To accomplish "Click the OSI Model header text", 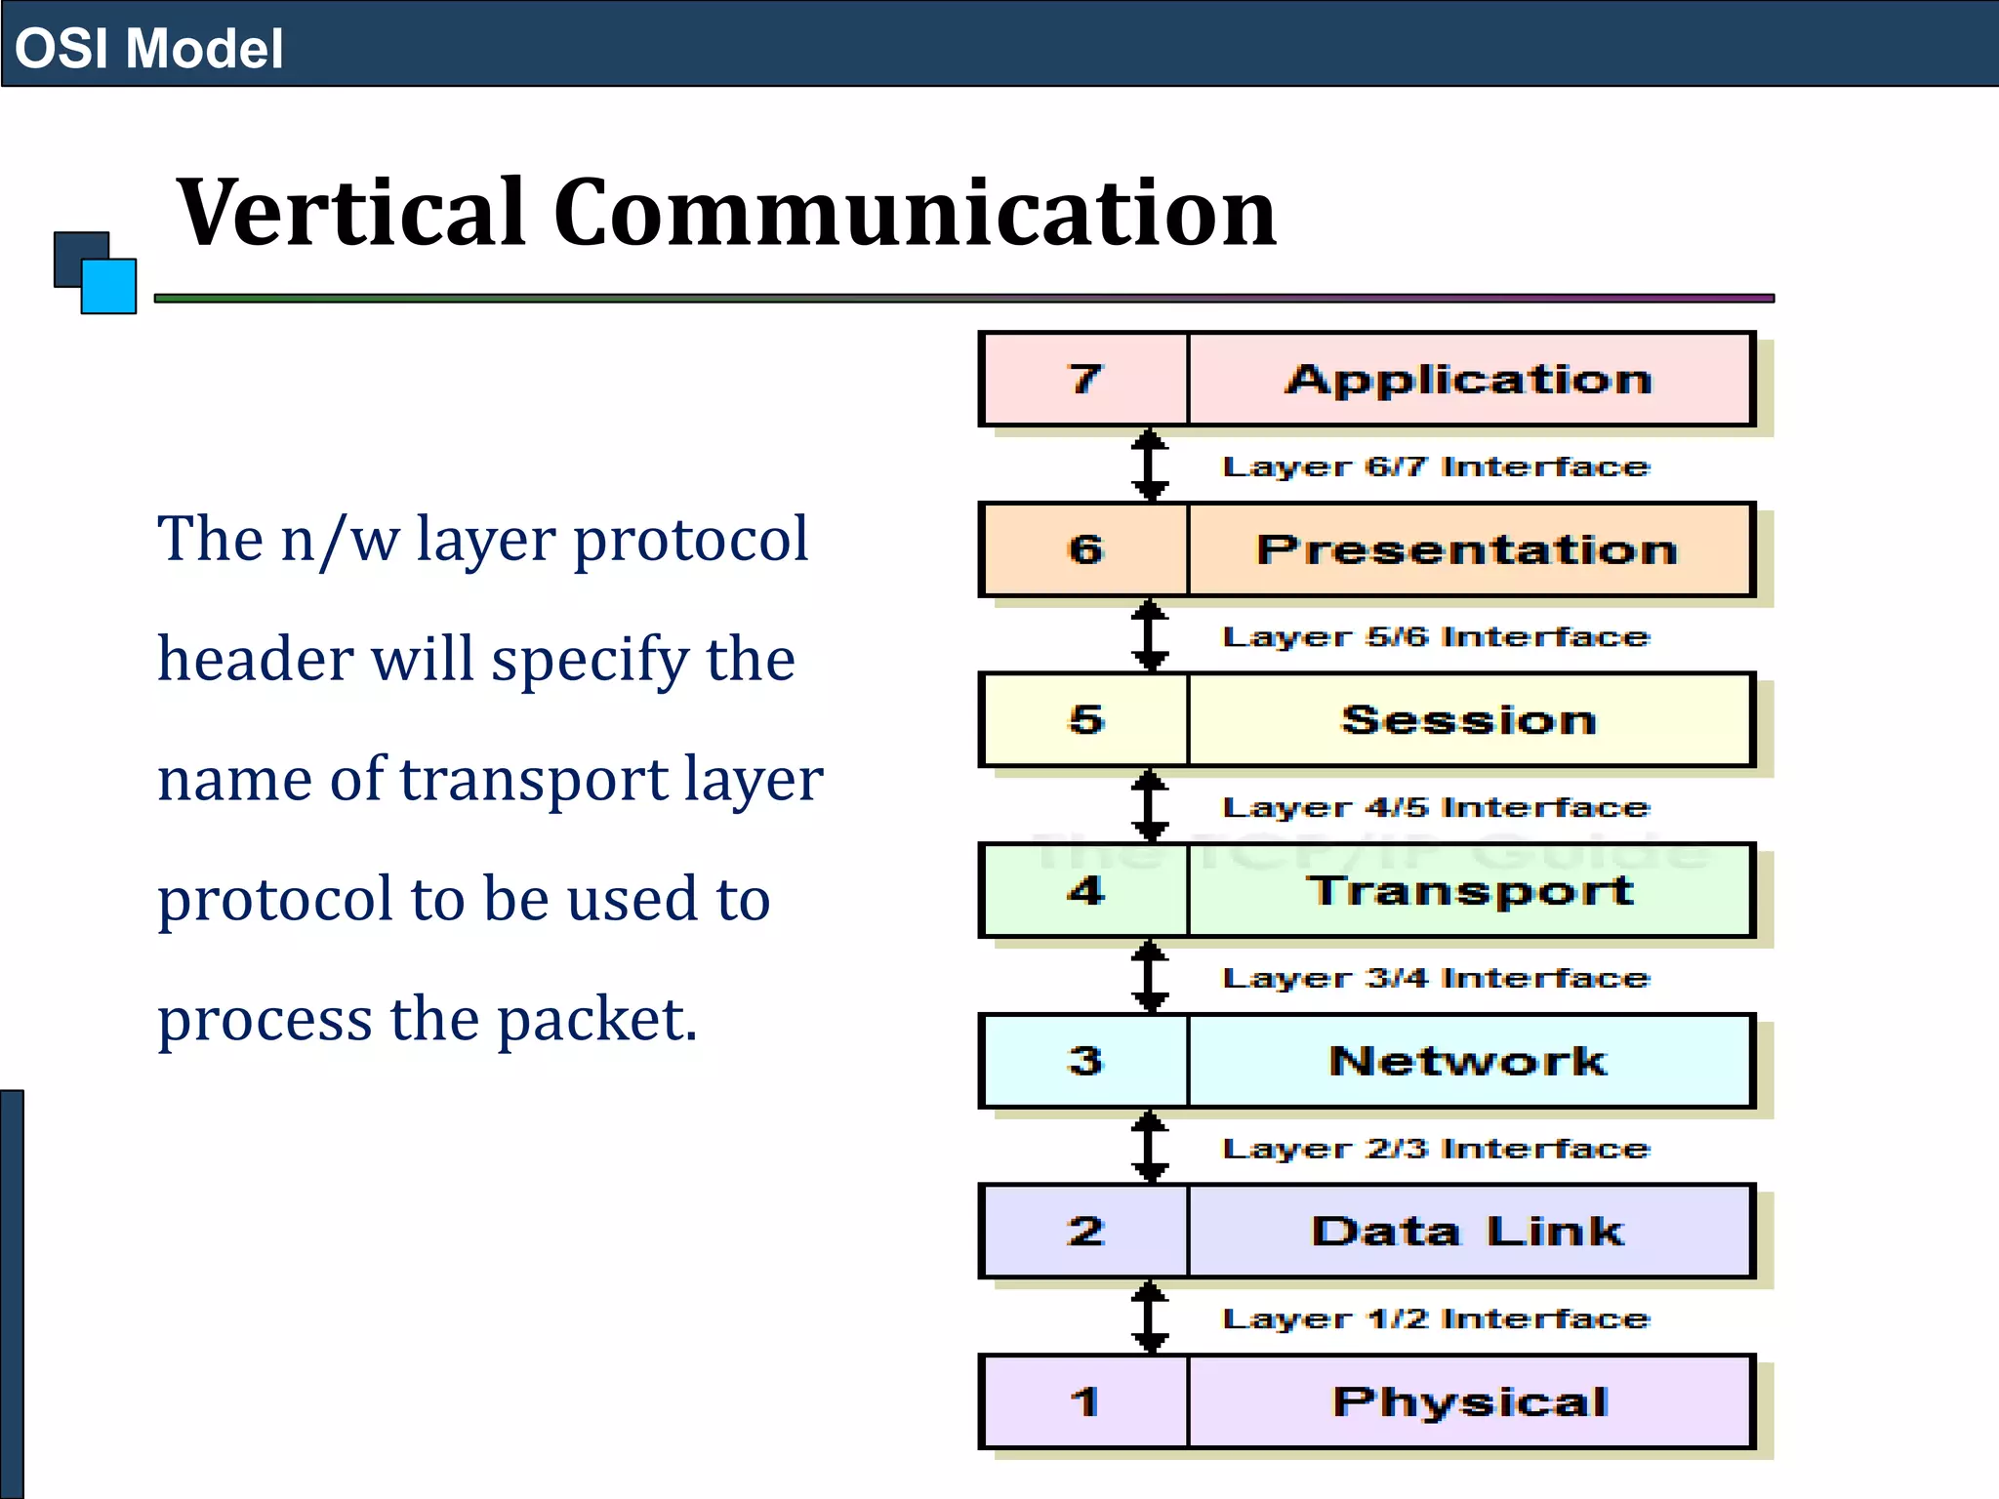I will pos(148,49).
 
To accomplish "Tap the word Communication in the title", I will pos(915,212).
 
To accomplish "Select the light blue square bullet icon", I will pos(108,286).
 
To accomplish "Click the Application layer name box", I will pos(1469,379).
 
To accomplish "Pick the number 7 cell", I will pos(1084,379).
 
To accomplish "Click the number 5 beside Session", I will pos(1085,720).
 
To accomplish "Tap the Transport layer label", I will pos(1469,890).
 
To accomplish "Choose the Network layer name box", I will pos(1469,1061).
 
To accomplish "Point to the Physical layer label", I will pos(1469,1402).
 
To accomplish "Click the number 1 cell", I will pos(1084,1402).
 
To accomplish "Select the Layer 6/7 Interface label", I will pos(1435,466).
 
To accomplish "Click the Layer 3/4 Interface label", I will pos(1435,978).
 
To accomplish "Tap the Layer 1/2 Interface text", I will pos(1435,1318).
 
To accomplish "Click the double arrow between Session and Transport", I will pos(1150,806).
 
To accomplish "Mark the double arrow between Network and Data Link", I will pos(1150,1147).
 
